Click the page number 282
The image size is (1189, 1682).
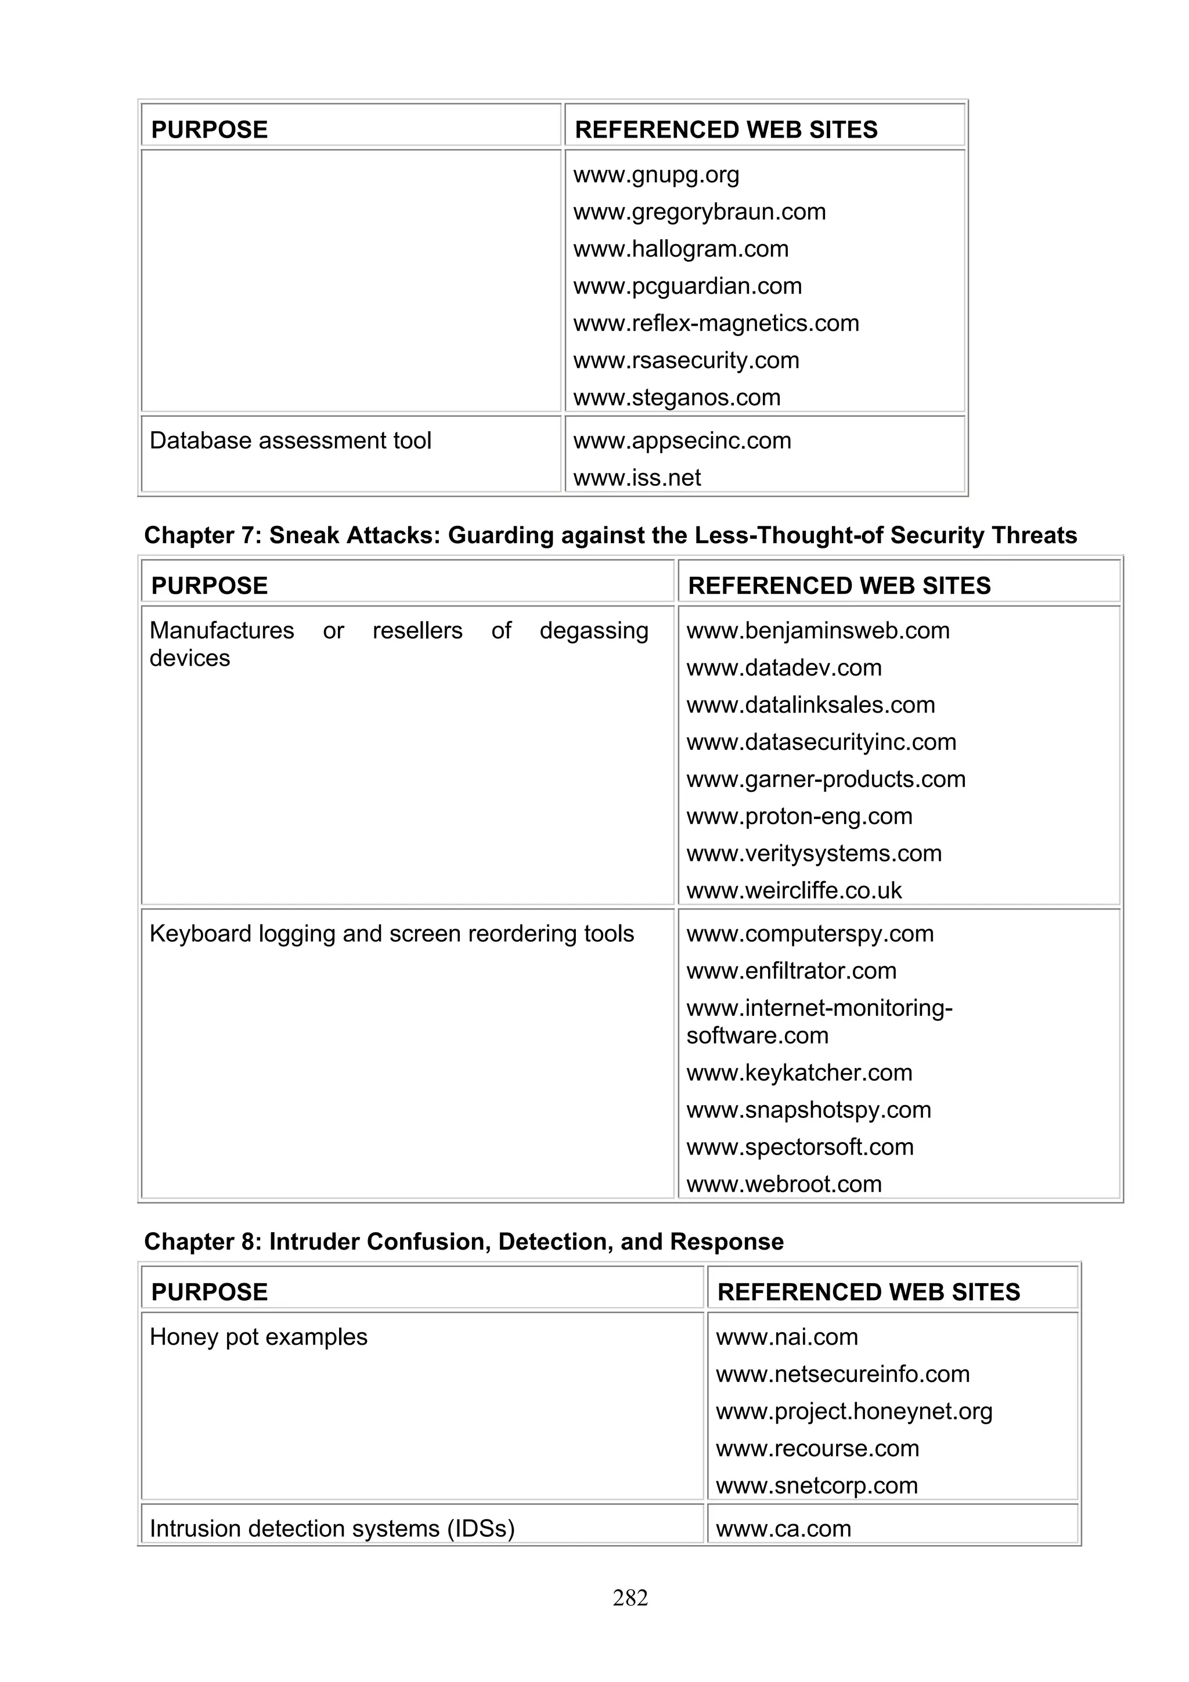[630, 1598]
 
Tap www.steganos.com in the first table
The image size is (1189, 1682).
[676, 398]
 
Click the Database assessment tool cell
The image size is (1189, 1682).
[290, 441]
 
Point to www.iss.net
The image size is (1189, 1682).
[637, 478]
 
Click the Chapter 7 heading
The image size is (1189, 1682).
[610, 536]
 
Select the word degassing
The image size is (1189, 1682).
[593, 631]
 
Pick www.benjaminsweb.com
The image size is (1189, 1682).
[817, 631]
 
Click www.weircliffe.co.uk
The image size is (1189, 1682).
[794, 891]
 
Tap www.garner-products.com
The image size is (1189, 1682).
[826, 779]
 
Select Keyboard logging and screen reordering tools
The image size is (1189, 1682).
[391, 934]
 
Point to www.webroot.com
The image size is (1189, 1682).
[783, 1185]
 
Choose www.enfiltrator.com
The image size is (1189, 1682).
[791, 972]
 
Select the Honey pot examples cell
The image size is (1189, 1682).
[258, 1337]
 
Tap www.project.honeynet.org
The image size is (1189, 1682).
[853, 1412]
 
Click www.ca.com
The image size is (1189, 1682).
[783, 1529]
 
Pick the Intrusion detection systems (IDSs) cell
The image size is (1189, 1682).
[332, 1529]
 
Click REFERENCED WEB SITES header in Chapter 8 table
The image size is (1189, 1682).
[868, 1293]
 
